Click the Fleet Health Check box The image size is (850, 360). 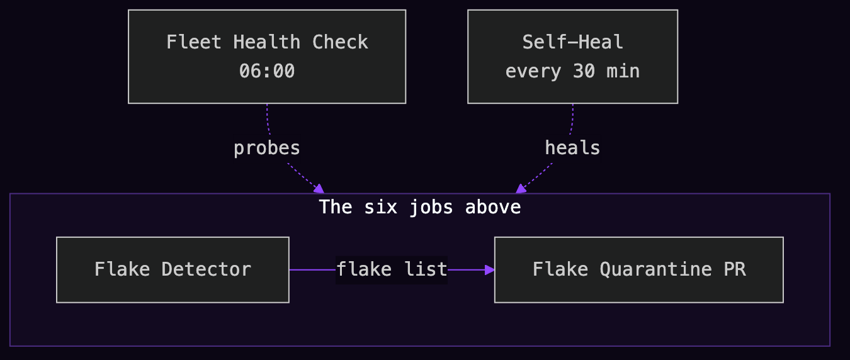267,57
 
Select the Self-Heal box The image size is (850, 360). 572,57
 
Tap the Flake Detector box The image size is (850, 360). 173,270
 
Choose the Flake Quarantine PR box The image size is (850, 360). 639,270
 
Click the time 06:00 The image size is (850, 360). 267,71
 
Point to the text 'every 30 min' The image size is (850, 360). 572,72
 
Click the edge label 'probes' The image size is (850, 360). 267,149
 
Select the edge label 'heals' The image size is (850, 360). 572,147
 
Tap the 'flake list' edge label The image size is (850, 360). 392,269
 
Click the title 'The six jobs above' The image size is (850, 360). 420,207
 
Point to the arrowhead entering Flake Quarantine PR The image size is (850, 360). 490,270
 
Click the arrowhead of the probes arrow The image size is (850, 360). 319,189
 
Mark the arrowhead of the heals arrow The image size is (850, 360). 521,189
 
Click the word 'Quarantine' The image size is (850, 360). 655,270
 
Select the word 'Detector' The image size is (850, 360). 206,270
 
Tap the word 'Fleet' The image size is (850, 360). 194,42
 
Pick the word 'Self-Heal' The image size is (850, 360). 572,42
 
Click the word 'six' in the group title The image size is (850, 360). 380,207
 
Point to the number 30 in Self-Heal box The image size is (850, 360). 584,71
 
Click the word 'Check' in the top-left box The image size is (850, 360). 340,42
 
